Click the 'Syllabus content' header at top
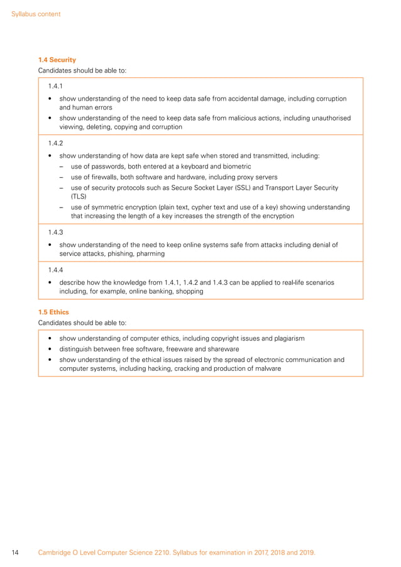click(x=36, y=14)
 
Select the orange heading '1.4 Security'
click(x=57, y=60)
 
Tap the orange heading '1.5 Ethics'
click(x=54, y=312)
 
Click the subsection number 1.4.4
click(x=56, y=270)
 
